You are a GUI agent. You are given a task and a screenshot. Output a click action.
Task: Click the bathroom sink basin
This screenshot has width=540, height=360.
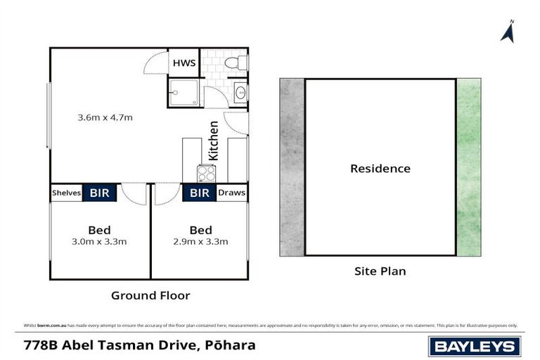click(240, 92)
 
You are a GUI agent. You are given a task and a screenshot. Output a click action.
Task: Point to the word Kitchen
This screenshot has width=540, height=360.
click(214, 141)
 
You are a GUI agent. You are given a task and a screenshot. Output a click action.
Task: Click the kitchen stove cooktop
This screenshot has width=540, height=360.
click(206, 172)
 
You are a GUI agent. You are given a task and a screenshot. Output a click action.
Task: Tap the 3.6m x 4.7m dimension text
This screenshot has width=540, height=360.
click(105, 117)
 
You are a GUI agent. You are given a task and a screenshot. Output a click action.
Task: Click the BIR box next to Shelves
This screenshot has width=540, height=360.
click(100, 193)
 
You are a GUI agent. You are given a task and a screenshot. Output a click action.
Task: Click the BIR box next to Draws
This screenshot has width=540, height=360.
click(200, 193)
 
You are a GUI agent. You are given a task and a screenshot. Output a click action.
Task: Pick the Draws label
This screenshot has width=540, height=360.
click(231, 193)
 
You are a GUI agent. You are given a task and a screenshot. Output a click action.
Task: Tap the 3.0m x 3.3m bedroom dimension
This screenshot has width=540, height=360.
click(99, 242)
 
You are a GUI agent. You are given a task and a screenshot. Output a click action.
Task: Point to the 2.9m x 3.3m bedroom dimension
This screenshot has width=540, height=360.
click(200, 242)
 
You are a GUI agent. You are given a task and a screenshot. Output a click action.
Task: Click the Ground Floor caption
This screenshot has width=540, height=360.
click(150, 295)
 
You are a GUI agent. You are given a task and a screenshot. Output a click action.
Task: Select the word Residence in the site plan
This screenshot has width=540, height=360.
click(380, 169)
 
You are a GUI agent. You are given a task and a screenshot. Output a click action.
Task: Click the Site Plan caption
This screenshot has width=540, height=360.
click(380, 271)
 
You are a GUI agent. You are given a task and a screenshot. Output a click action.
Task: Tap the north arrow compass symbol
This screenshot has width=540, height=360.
click(507, 32)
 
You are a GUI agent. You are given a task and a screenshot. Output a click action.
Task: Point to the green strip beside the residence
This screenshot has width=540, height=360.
click(469, 167)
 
